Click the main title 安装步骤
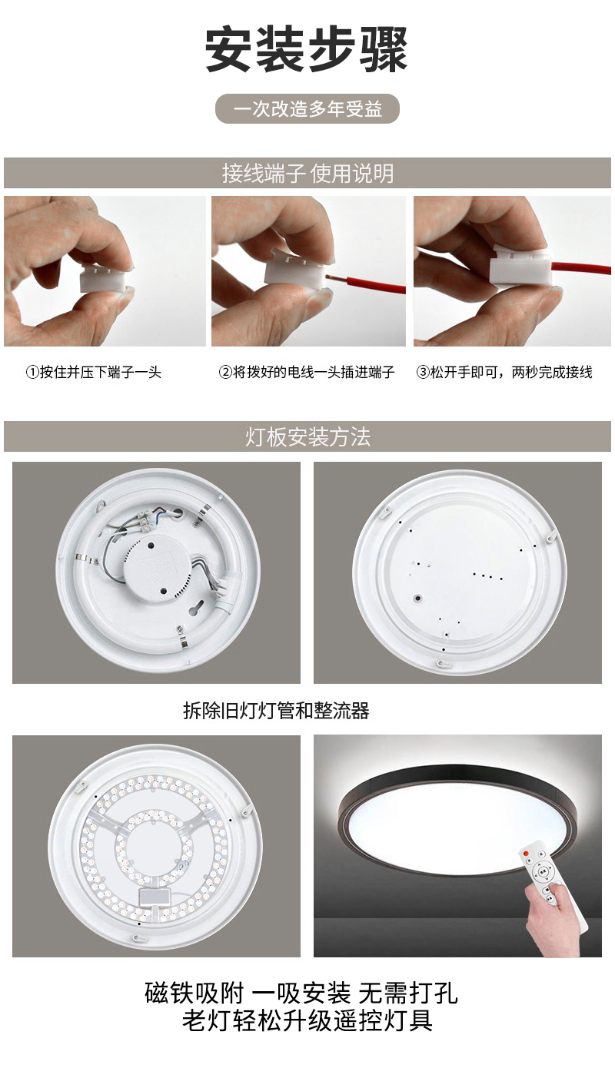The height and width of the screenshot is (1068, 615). pos(306,50)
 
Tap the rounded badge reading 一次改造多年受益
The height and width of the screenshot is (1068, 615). pos(307,109)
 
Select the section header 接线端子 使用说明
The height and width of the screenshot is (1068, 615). pos(307,173)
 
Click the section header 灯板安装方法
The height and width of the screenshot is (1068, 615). pos(307,436)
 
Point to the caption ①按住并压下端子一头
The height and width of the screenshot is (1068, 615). pos(94,372)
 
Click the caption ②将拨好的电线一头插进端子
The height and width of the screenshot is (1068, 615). pos(306,372)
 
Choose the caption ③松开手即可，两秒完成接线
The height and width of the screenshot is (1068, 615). pos(504,372)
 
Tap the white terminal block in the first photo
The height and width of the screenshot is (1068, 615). pos(104,279)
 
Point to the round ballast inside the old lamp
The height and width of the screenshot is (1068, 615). pos(158,569)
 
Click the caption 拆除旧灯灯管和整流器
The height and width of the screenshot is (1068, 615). pos(276,711)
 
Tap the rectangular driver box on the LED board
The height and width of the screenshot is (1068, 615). pos(155,897)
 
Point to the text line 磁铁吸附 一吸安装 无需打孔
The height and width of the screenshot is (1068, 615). pos(301,993)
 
